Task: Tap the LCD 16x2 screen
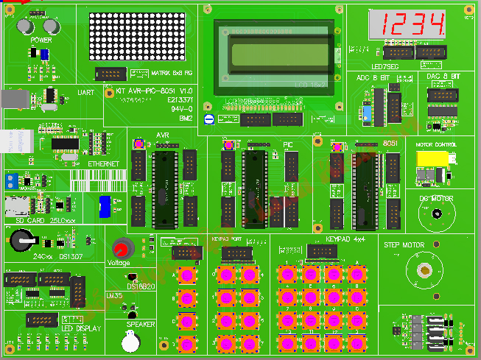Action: click(x=273, y=56)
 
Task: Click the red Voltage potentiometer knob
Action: click(x=120, y=248)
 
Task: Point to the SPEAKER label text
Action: click(x=141, y=324)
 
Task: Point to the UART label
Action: click(x=85, y=93)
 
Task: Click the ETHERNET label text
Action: click(x=103, y=163)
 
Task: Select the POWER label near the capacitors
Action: click(x=41, y=40)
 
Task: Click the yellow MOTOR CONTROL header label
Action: click(x=435, y=146)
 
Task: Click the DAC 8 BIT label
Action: click(x=443, y=77)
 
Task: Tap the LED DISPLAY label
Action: click(x=81, y=328)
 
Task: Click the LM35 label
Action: click(x=114, y=295)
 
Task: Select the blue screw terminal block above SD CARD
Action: click(x=11, y=180)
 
